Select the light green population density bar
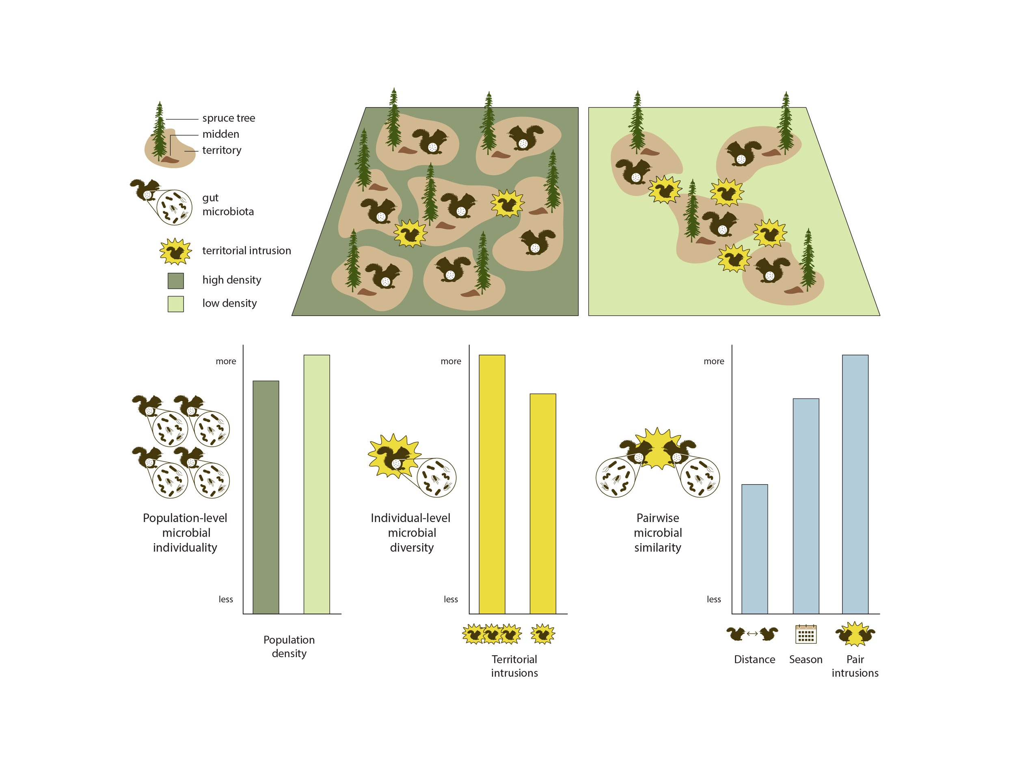[316, 484]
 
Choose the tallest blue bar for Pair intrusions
[855, 484]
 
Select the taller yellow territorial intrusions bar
[492, 484]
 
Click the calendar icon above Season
[806, 634]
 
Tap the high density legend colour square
[176, 281]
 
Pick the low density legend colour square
[176, 304]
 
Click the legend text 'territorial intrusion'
[246, 251]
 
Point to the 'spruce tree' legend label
[229, 118]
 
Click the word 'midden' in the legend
[220, 134]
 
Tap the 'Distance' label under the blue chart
[754, 659]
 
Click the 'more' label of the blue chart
[714, 362]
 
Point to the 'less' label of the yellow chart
[450, 599]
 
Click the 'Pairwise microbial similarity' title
[657, 532]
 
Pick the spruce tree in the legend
[159, 131]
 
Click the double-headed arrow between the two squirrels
[752, 634]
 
